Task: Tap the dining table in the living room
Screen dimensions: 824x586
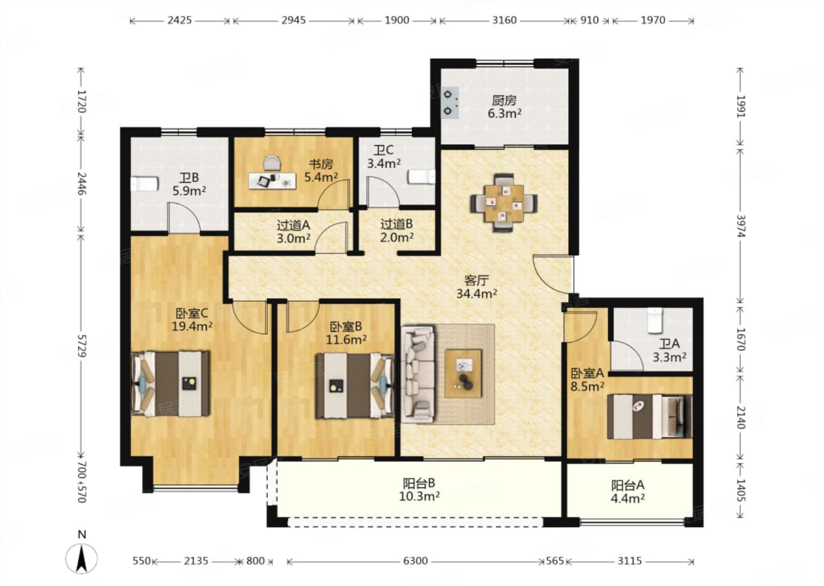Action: coord(504,203)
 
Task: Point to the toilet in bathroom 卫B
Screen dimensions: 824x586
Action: coord(145,184)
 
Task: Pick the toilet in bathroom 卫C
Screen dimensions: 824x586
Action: coord(422,176)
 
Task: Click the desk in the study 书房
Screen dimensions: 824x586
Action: coord(272,181)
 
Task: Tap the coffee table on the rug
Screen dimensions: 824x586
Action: coord(463,373)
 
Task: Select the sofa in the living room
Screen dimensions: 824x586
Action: coord(418,374)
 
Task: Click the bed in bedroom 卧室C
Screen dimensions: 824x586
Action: coord(171,383)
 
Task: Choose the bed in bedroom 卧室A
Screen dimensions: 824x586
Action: coord(649,417)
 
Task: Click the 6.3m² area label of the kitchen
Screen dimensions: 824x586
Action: coord(504,114)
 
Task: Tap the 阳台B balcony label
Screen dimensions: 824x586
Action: coord(419,482)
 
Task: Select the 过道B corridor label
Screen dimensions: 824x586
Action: coord(396,224)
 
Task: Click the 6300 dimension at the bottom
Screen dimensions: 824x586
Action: coord(415,561)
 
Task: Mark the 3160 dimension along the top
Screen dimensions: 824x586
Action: coord(504,20)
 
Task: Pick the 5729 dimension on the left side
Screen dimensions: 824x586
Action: coord(82,346)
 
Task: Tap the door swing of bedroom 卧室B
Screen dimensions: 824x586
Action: coord(302,316)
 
